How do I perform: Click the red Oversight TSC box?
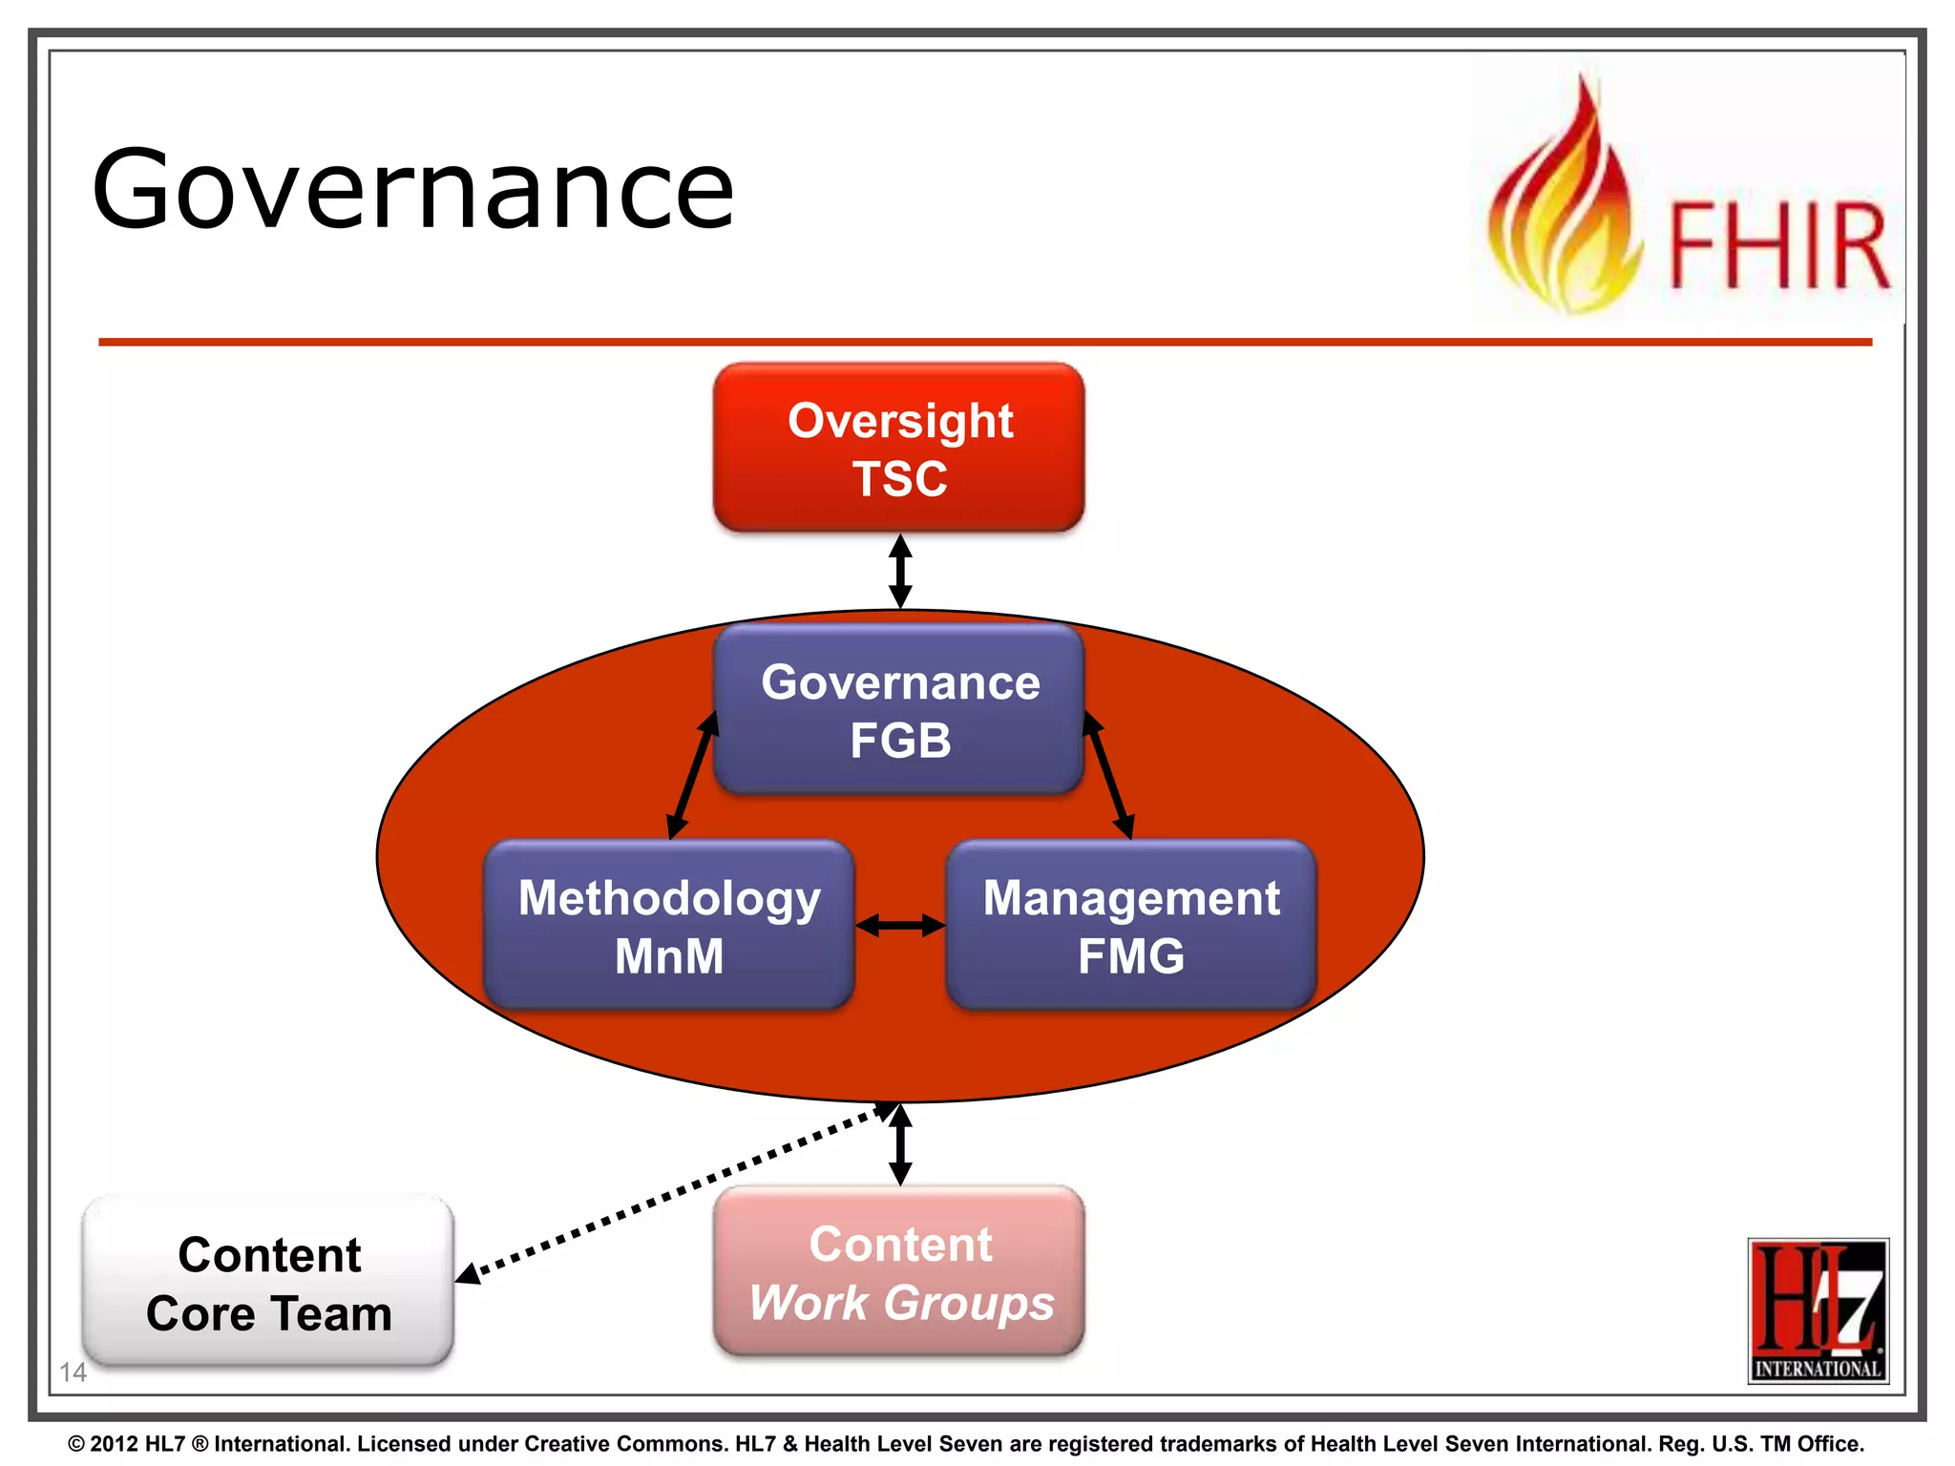pos(898,447)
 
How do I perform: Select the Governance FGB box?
pos(898,709)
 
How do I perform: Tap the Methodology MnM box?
pos(668,925)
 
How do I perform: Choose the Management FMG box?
pos(1131,925)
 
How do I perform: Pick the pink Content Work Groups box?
pos(898,1270)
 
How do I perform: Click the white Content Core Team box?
pos(268,1282)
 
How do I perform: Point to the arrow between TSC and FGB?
pos(899,571)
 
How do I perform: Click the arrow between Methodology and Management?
pos(899,925)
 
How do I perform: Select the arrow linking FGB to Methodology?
pos(692,775)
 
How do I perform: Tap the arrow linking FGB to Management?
pos(1108,775)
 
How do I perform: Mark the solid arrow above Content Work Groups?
pos(899,1144)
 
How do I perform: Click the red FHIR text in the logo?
pos(1777,245)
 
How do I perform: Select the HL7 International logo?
pos(1818,1309)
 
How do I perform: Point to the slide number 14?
pos(73,1372)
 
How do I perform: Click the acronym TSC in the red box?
pos(899,478)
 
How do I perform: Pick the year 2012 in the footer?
pos(115,1444)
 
